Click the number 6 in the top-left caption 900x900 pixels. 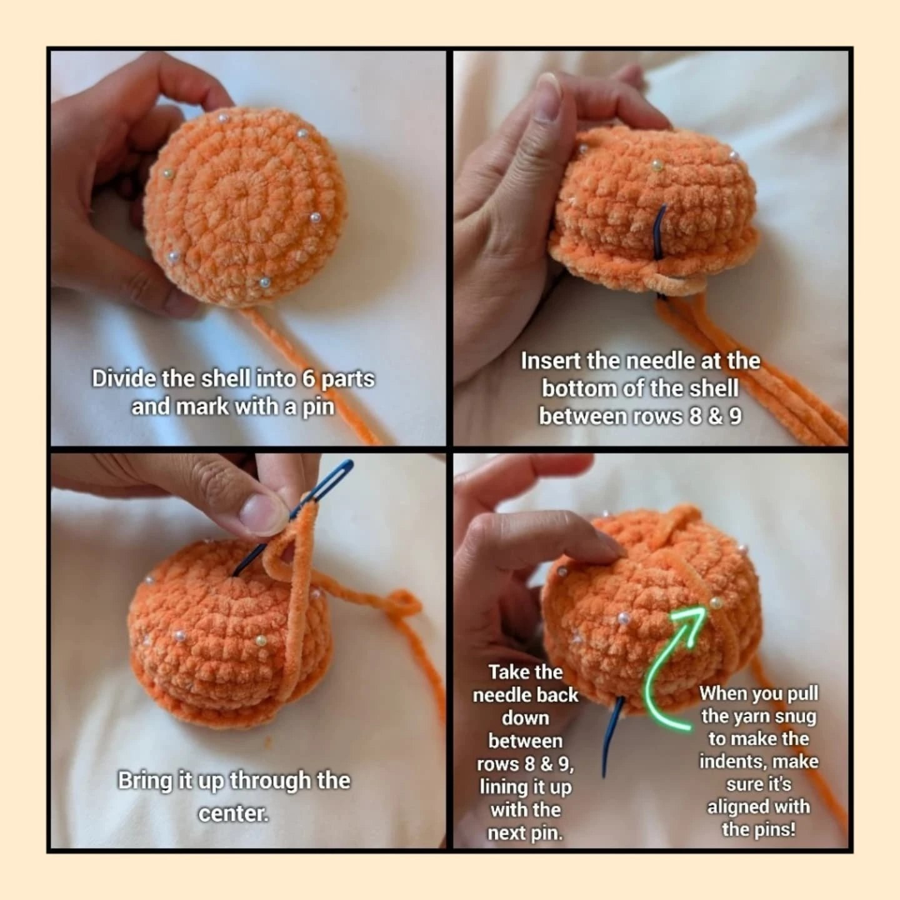[309, 378]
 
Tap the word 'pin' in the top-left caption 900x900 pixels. [319, 407]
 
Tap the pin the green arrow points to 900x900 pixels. [715, 602]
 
